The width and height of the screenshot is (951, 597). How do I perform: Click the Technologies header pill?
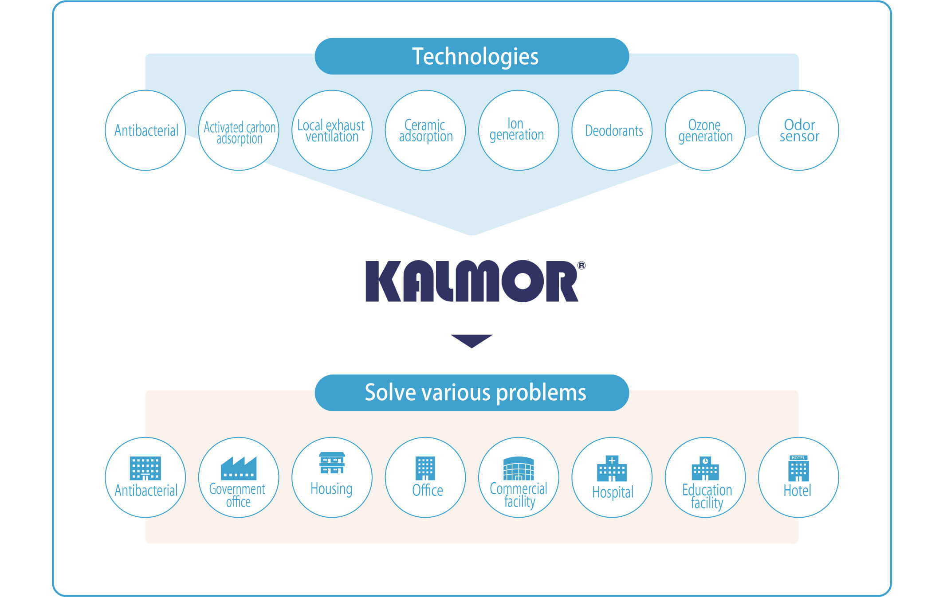click(472, 56)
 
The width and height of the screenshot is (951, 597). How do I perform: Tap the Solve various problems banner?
click(472, 393)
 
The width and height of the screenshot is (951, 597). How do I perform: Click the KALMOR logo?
click(472, 281)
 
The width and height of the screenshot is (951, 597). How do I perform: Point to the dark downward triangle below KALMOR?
click(472, 341)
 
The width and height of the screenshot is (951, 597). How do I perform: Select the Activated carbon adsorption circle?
click(239, 130)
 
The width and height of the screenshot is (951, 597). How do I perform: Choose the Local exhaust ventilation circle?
click(332, 130)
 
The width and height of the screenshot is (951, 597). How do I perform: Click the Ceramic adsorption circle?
click(425, 130)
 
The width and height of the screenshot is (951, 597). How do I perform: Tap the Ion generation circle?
click(519, 130)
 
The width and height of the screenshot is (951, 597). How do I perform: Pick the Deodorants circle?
click(612, 130)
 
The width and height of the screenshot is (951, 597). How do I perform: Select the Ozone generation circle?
click(705, 130)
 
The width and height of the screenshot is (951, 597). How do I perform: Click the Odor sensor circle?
click(798, 130)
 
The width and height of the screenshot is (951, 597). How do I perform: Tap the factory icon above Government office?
click(239, 468)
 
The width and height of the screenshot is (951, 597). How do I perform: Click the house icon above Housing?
click(332, 463)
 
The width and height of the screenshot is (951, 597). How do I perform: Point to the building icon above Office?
click(425, 468)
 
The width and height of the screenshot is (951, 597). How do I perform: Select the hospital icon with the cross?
click(612, 468)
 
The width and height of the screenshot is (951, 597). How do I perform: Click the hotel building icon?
click(798, 468)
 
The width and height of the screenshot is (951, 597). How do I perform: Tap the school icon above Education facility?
click(705, 468)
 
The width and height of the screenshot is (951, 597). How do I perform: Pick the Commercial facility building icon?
click(519, 468)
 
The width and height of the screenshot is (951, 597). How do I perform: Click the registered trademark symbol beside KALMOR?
click(582, 265)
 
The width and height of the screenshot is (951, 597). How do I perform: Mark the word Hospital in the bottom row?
click(613, 492)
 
